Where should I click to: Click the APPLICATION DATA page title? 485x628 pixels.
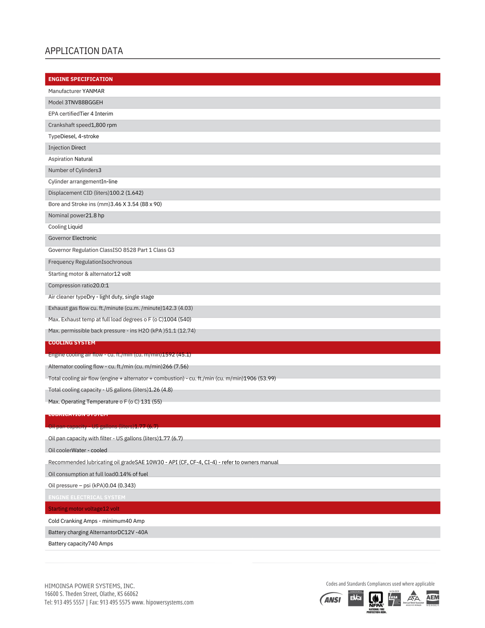[84, 51]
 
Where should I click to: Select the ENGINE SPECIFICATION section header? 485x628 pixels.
[80, 79]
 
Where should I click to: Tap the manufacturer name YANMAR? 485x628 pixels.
[93, 91]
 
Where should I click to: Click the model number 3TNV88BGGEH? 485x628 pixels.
[84, 102]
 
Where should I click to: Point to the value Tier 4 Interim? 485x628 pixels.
[96, 114]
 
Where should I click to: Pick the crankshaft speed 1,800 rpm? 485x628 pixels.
[104, 125]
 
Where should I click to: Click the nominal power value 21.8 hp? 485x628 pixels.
[95, 216]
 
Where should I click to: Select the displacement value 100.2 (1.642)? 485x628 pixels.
[127, 193]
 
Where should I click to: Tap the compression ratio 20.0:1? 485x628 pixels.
[101, 285]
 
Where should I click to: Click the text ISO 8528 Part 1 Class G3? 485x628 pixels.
[143, 250]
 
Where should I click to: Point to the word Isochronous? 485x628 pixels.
[117, 262]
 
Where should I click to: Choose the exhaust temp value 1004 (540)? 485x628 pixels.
[177, 319]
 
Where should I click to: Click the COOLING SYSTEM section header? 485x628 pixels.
[72, 343]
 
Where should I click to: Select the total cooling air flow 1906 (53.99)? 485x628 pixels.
[259, 378]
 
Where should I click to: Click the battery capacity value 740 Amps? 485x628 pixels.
[101, 543]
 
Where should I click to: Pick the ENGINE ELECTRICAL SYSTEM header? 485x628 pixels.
[87, 497]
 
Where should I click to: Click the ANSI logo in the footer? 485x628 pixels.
[331, 599]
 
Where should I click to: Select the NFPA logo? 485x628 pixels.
[376, 600]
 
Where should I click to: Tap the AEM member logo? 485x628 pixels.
[432, 598]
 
